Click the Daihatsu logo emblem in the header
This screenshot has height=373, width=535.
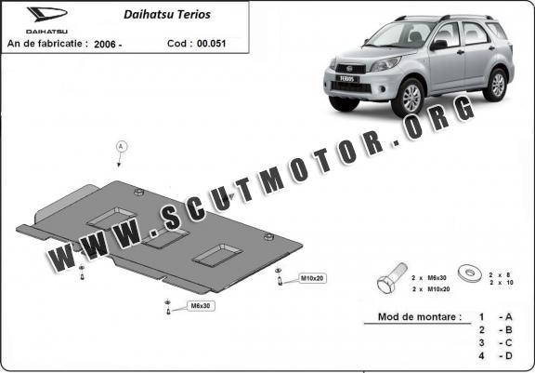click(x=47, y=14)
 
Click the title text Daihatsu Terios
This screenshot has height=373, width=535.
click(x=167, y=14)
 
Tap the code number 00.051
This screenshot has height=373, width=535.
click(x=211, y=44)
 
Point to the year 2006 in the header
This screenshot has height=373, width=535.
click(x=105, y=44)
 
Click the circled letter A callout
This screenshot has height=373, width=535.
click(x=121, y=147)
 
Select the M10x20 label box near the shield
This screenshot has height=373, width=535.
click(x=311, y=278)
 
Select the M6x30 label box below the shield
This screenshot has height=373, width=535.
click(x=201, y=306)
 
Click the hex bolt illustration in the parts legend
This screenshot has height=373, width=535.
click(x=392, y=278)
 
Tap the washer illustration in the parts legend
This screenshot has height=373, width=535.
click(x=469, y=273)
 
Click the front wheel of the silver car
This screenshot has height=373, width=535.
click(x=409, y=97)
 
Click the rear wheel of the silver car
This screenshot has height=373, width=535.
click(x=496, y=85)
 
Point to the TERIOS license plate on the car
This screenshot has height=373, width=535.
click(x=347, y=78)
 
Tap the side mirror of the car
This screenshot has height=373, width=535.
click(x=438, y=45)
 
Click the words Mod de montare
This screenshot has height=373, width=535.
click(x=420, y=316)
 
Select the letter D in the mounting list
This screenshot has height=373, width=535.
click(x=509, y=355)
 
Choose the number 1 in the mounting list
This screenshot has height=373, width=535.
click(x=481, y=317)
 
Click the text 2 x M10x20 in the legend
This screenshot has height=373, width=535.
click(x=431, y=289)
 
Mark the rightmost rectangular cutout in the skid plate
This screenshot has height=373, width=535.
click(x=217, y=255)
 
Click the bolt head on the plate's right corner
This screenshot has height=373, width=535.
click(x=268, y=236)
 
